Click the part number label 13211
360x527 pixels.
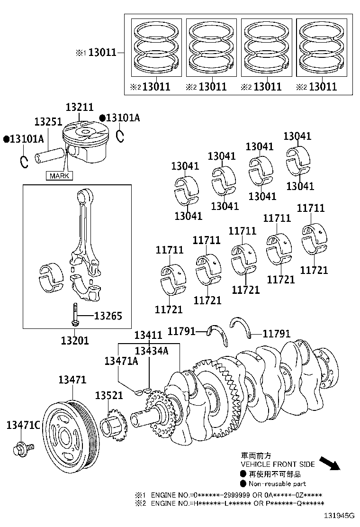point(79,108)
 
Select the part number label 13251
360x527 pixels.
point(48,122)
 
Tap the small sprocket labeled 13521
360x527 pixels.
point(113,424)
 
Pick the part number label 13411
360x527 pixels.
point(148,335)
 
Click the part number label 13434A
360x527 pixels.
point(152,351)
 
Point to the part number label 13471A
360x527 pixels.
point(121,361)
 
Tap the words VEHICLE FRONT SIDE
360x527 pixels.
point(278,464)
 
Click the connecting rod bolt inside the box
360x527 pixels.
point(74,315)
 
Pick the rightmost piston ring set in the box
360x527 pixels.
point(321,48)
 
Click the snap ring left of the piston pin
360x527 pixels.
point(24,161)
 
